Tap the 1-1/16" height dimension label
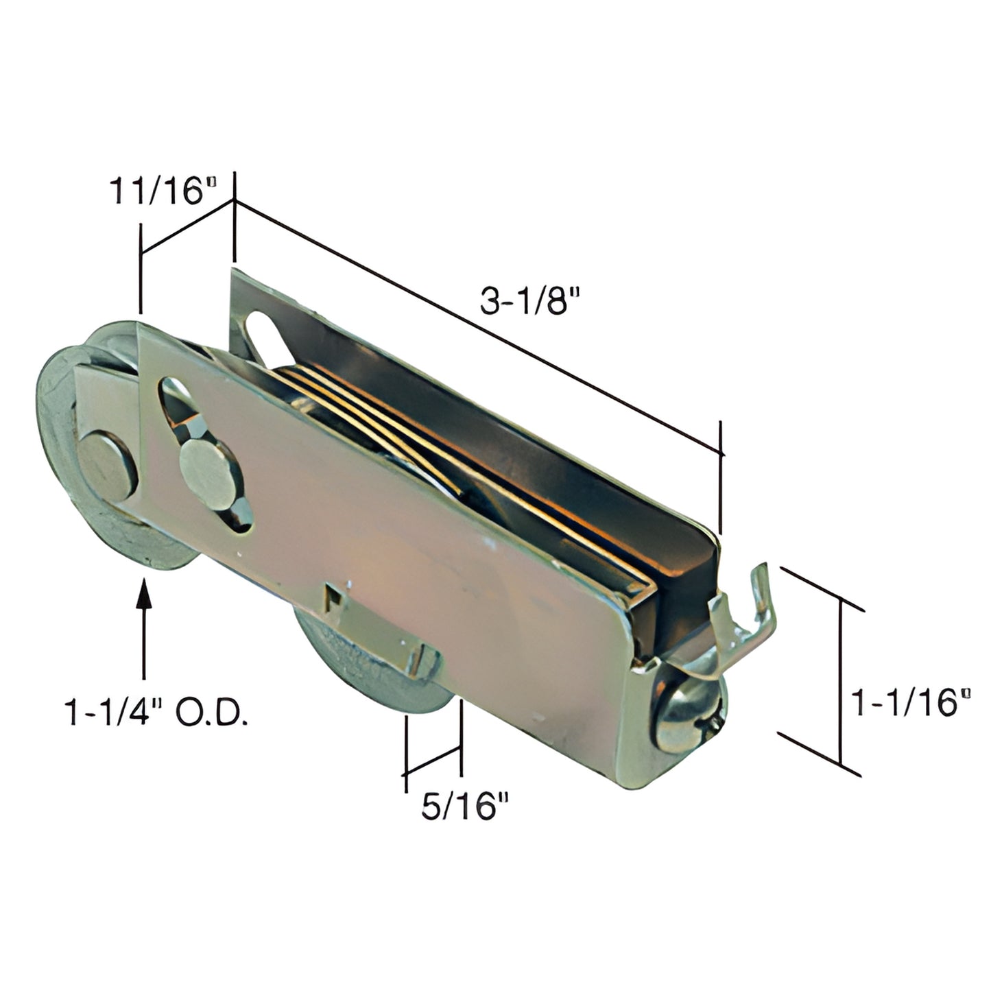coord(911,703)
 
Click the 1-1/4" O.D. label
coord(156,714)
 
